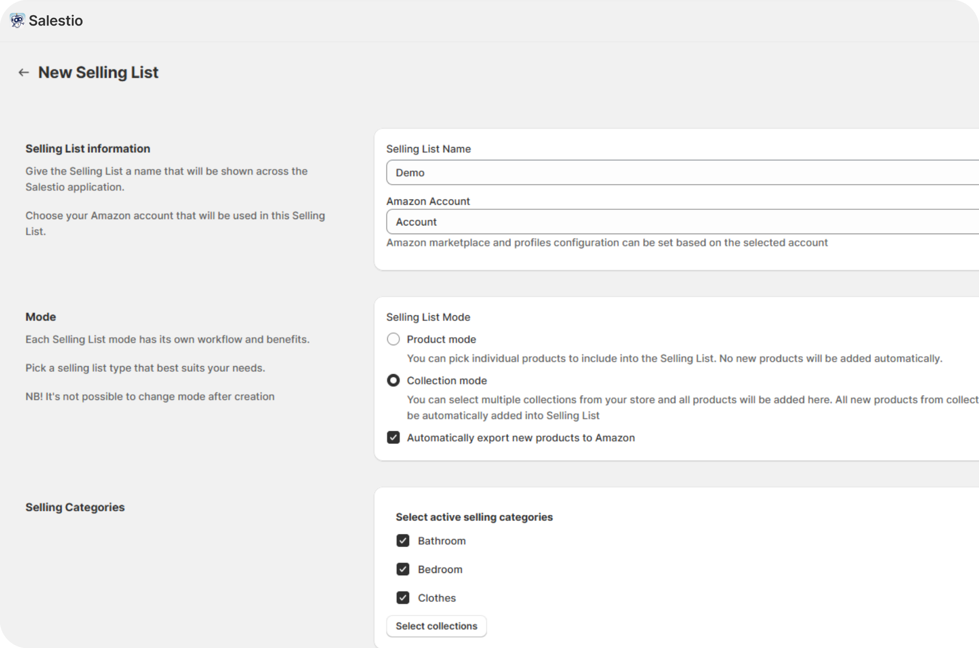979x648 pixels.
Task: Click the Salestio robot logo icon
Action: (x=17, y=20)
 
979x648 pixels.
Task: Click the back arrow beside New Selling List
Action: (x=24, y=73)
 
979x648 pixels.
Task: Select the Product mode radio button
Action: (x=393, y=339)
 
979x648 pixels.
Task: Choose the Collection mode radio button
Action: (x=393, y=381)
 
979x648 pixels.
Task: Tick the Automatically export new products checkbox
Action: (x=393, y=437)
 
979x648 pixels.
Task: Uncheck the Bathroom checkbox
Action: (x=403, y=541)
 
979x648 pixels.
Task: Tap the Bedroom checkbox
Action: (x=403, y=570)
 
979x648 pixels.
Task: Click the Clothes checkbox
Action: (x=403, y=598)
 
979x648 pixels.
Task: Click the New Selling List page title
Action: (x=98, y=73)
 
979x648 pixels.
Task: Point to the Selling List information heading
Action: (x=88, y=149)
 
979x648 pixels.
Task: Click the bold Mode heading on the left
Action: (x=41, y=317)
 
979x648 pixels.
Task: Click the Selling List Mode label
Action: (x=428, y=317)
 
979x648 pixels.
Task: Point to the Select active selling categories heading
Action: (x=474, y=517)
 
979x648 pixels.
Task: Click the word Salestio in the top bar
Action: (x=56, y=21)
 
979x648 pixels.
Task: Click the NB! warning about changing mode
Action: (x=150, y=397)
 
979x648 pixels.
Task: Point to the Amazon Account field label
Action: (x=428, y=201)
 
